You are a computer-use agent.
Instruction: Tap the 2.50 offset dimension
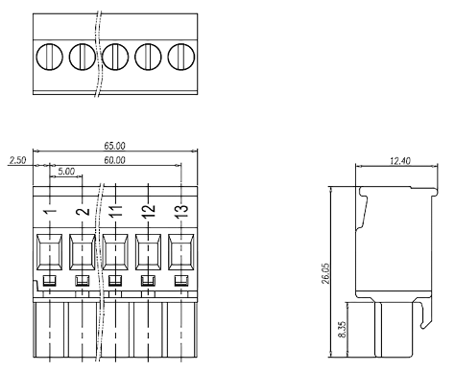pyautogui.click(x=17, y=159)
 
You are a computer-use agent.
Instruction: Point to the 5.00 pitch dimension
pyautogui.click(x=66, y=173)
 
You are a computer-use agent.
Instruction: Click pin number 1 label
pyautogui.click(x=49, y=210)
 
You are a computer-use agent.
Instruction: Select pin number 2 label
pyautogui.click(x=83, y=210)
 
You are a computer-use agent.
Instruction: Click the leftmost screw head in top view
pyautogui.click(x=49, y=56)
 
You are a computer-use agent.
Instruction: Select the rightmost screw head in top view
pyautogui.click(x=181, y=56)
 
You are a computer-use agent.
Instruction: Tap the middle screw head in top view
pyautogui.click(x=115, y=56)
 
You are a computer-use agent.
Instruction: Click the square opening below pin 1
pyautogui.click(x=49, y=252)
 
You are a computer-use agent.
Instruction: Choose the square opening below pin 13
pyautogui.click(x=181, y=252)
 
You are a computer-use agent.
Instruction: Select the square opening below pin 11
pyautogui.click(x=115, y=252)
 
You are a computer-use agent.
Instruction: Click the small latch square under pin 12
pyautogui.click(x=149, y=281)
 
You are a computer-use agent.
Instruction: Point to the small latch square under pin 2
pyautogui.click(x=83, y=281)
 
